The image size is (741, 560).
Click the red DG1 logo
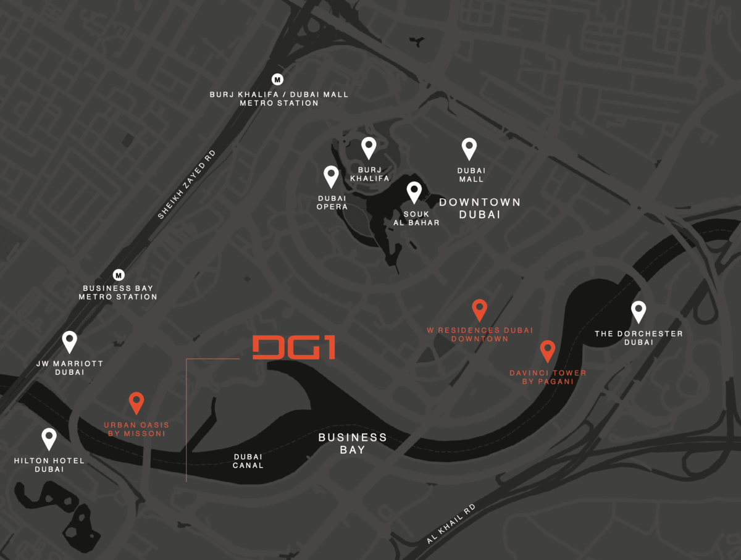[294, 348]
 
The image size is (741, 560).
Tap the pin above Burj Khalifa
[369, 148]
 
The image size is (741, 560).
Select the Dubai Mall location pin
[469, 149]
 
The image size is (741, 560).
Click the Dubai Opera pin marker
[332, 177]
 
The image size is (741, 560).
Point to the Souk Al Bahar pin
[414, 192]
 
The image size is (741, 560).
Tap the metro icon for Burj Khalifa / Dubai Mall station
[278, 79]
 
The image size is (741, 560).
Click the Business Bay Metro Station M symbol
[119, 275]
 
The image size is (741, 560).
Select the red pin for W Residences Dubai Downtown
[480, 309]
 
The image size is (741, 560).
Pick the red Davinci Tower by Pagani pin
[547, 351]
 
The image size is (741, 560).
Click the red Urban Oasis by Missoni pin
[136, 403]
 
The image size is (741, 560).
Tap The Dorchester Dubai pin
[638, 312]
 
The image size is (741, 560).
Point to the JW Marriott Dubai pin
[70, 341]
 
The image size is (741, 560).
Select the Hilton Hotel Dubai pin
[49, 438]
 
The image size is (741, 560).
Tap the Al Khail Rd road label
[451, 524]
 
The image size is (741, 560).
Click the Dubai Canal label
[248, 461]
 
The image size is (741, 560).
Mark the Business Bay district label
[353, 443]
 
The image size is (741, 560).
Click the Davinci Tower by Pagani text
[548, 377]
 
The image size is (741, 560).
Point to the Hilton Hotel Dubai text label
[49, 465]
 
